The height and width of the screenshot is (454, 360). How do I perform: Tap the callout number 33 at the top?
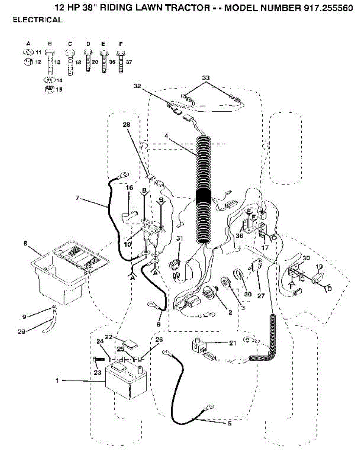point(206,77)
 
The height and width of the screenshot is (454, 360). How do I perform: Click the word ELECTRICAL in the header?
point(37,20)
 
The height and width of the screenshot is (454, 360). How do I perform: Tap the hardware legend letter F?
point(120,44)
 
